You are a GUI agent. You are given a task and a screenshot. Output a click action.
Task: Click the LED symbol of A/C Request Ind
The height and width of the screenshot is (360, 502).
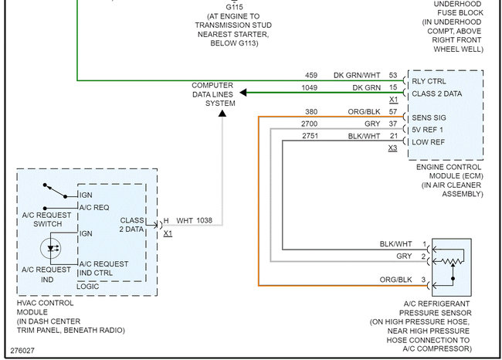click(x=50, y=248)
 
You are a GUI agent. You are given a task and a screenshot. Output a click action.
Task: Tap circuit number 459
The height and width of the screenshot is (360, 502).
click(x=311, y=75)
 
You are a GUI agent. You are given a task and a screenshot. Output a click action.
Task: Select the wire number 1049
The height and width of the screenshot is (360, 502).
click(x=309, y=88)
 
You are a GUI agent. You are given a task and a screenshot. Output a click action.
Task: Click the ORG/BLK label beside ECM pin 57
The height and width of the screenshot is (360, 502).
click(x=364, y=112)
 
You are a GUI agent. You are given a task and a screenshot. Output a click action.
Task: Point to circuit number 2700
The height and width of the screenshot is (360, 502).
click(x=309, y=124)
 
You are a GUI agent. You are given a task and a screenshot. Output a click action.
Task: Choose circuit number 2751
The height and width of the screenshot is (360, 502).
click(x=310, y=136)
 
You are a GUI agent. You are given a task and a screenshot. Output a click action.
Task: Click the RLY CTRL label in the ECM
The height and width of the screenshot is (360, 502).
click(x=429, y=81)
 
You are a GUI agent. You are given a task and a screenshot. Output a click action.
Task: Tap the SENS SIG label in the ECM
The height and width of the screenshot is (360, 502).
click(x=429, y=118)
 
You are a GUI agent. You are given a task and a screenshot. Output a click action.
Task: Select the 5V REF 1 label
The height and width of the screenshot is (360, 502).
click(x=427, y=130)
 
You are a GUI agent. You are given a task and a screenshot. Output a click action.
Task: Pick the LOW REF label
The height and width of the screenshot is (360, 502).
click(x=428, y=142)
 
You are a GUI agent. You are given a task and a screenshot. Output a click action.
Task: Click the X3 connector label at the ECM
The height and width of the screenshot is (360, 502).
click(x=392, y=148)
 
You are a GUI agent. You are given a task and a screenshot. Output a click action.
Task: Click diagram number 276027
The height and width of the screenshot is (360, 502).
click(x=22, y=351)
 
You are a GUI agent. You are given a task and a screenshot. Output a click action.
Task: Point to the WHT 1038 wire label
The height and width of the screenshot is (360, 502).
click(x=195, y=221)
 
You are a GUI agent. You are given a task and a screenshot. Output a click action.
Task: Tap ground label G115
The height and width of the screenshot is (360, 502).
click(x=234, y=7)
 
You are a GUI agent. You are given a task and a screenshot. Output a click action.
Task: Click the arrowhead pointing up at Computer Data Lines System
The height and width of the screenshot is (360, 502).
click(x=222, y=114)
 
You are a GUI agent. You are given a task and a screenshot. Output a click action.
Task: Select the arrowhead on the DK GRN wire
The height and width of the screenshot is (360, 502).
click(x=243, y=93)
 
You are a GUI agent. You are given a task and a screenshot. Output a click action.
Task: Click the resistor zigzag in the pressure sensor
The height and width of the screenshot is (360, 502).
click(x=452, y=262)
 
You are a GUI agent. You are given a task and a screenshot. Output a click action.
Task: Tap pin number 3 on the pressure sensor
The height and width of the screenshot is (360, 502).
click(x=423, y=280)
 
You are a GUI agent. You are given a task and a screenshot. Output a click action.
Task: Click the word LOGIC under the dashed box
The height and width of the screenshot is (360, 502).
click(x=88, y=287)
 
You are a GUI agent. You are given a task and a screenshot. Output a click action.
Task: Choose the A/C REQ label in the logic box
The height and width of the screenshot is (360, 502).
click(x=94, y=208)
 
